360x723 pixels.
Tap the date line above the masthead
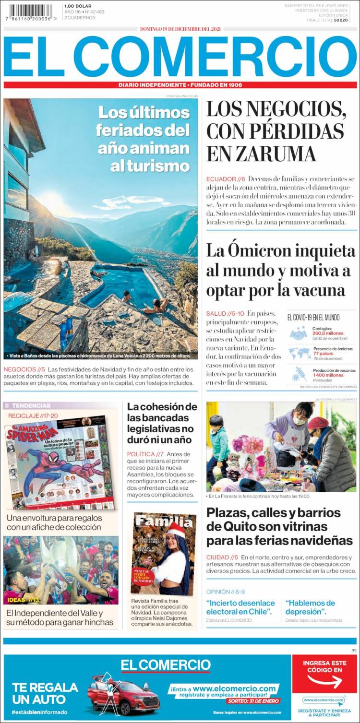click(180, 29)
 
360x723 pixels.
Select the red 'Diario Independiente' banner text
click(180, 85)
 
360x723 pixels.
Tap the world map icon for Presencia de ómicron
click(299, 354)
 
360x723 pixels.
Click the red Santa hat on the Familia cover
click(177, 530)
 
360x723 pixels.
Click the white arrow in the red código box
click(324, 681)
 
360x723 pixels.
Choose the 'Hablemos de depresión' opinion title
click(310, 607)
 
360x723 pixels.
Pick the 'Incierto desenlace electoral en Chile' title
click(240, 607)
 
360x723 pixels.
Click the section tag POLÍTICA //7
click(145, 454)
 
